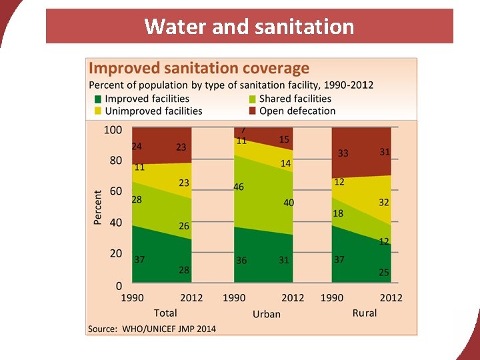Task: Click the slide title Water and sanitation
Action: tap(249, 27)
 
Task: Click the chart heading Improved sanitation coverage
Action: tap(199, 68)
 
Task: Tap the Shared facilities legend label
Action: tap(295, 99)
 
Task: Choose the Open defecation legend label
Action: tap(297, 111)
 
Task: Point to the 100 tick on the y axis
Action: tap(113, 129)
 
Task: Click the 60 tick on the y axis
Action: tap(115, 191)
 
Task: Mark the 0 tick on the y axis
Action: tap(119, 285)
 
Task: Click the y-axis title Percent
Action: tap(98, 207)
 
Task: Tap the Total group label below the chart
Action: tap(165, 312)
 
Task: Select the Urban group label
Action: tap(267, 313)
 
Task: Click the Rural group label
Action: tap(365, 312)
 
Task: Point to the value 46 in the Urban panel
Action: tap(239, 187)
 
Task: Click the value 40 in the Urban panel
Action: tap(289, 203)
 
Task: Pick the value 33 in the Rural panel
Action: tap(343, 153)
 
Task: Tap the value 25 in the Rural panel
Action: tap(384, 272)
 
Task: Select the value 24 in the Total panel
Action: tap(136, 146)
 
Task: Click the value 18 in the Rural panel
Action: tap(339, 213)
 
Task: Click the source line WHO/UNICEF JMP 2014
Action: tap(153, 328)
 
